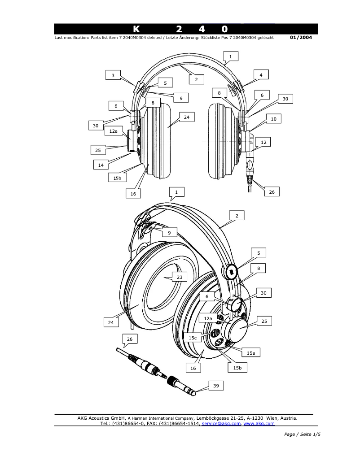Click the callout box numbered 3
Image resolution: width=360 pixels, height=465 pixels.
click(113, 75)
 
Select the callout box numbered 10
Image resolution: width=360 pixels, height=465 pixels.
click(274, 119)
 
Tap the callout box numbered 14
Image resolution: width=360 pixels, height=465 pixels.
click(101, 165)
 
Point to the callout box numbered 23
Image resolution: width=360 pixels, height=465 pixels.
click(179, 278)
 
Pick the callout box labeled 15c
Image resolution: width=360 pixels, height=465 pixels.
click(193, 337)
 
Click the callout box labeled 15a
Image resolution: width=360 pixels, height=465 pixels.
click(251, 353)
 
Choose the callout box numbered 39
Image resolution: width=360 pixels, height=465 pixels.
click(215, 386)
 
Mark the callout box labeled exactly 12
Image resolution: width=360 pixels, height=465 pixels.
click(263, 142)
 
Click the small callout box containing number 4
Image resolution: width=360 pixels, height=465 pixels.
click(261, 75)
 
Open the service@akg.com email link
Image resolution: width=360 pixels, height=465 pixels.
click(222, 424)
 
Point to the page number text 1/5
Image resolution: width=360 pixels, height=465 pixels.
click(317, 434)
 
